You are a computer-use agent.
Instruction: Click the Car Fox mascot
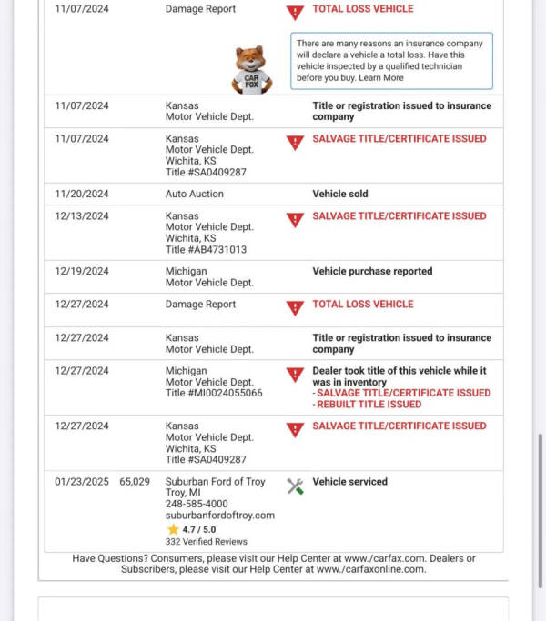coord(252,69)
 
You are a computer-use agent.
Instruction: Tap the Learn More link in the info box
coord(381,78)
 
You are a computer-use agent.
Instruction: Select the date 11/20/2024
coord(81,194)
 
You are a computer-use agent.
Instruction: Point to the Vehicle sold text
coord(340,194)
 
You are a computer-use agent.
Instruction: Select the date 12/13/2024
coord(81,216)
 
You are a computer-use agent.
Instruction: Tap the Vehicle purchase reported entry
coord(372,271)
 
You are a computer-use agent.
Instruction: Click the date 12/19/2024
coord(81,271)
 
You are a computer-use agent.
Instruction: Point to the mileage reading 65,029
coord(135,482)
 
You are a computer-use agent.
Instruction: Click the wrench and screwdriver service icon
coord(295,486)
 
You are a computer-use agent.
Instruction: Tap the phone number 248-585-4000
coord(197,504)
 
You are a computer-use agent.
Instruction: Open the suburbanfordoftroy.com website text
coord(219,516)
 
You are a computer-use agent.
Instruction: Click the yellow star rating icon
coord(172,529)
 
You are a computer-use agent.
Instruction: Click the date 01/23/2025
coord(81,482)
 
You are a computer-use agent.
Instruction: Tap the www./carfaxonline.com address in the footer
coord(370,569)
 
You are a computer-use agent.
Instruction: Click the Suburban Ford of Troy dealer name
coord(215,482)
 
